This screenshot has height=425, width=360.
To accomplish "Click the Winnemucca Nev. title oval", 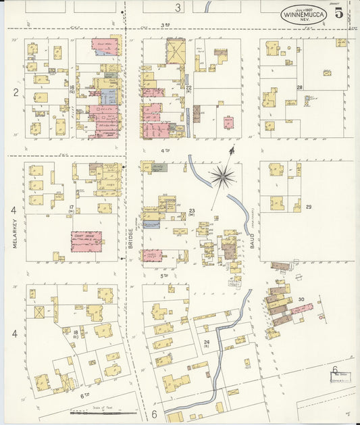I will pos(303,14).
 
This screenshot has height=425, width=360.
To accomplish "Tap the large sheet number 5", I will pos(338,11).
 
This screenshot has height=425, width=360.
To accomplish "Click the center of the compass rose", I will pos(222,177).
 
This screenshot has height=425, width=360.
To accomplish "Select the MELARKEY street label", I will pos(14,236).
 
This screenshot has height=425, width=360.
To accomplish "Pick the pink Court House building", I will pos(86,241).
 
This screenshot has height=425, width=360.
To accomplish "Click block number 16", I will pos(71,87).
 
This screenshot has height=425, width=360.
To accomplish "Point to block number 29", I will pos(309,206).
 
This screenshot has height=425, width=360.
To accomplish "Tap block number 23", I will pos(192,211).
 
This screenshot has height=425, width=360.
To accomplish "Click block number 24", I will pos(207,343).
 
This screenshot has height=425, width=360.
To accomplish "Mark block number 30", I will pos(301,299).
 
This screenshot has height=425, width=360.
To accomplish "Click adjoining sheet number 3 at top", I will pos(178,8).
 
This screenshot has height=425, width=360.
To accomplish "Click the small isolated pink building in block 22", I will pos(229,123).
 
